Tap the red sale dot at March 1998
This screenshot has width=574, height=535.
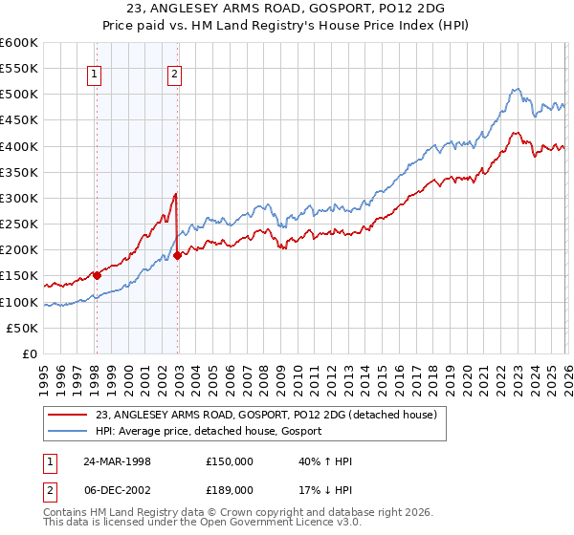tap(97, 275)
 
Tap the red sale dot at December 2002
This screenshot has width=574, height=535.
tap(178, 255)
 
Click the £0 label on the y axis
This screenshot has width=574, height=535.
tap(30, 353)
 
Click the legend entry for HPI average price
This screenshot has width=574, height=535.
tap(209, 431)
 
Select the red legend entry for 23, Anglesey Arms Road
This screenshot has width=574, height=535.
tap(266, 415)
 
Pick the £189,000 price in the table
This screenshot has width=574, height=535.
tap(230, 490)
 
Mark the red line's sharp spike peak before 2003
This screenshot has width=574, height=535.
tap(176, 194)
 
